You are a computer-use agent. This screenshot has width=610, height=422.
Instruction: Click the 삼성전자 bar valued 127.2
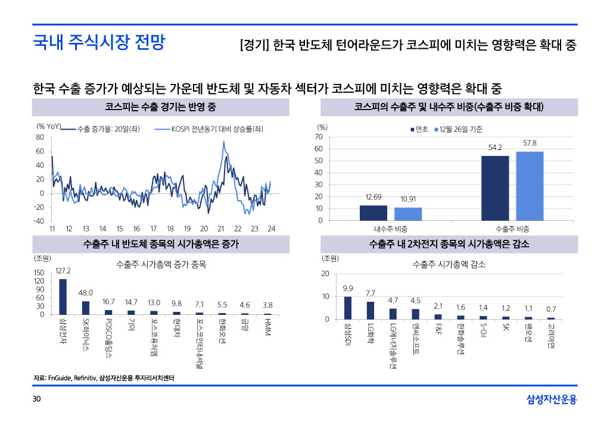tap(63, 296)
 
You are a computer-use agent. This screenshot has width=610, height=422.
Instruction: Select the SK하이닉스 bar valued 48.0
tap(86, 307)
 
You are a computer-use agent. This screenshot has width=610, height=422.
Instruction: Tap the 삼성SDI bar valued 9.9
tap(348, 308)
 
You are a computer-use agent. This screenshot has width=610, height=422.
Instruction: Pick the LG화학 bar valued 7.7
tap(371, 310)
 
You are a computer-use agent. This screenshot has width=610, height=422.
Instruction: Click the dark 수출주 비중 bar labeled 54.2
tap(495, 188)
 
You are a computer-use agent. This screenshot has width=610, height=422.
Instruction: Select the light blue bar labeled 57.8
tap(530, 186)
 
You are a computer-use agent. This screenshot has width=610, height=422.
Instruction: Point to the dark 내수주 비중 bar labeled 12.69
tap(374, 213)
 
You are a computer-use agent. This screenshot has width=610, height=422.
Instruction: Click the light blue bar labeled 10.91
tap(408, 214)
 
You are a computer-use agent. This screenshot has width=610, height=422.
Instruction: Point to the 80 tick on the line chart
tap(41, 137)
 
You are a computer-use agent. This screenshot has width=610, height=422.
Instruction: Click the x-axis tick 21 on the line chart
tap(220, 229)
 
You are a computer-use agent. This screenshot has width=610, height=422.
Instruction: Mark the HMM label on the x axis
tap(268, 326)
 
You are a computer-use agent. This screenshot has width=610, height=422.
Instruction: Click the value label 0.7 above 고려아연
tap(551, 309)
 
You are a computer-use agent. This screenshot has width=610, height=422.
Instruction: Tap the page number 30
tap(36, 398)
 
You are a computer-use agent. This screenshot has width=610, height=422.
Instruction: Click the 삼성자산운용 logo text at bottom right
tap(552, 399)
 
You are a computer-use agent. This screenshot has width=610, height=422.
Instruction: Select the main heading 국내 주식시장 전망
tap(99, 42)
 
